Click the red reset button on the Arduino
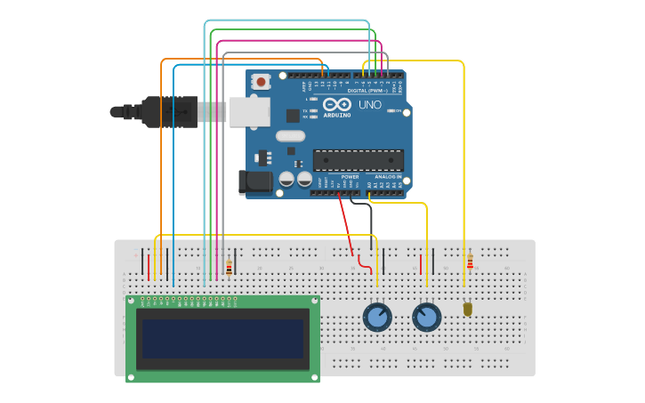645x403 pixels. [262, 82]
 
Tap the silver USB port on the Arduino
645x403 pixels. [249, 111]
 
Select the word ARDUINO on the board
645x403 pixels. [337, 115]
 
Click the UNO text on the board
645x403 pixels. [370, 105]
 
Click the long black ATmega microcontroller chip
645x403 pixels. [358, 160]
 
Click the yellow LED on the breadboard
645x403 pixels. [468, 309]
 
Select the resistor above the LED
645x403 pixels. [470, 262]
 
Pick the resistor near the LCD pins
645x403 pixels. [229, 267]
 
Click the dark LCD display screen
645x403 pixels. [222, 339]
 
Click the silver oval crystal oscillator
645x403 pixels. [291, 136]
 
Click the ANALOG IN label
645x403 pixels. [387, 176]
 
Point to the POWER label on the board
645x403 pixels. [350, 176]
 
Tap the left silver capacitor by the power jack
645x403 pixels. [286, 179]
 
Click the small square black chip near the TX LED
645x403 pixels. [293, 116]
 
